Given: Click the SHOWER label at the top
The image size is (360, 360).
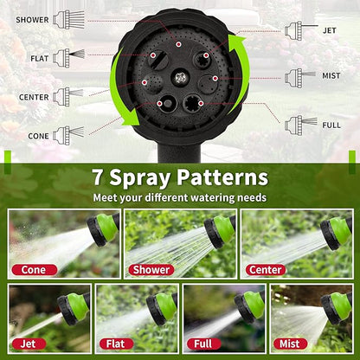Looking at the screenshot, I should (32, 19).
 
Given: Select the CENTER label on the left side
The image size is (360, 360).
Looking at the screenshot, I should (33, 97).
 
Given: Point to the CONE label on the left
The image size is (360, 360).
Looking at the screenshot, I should (37, 135).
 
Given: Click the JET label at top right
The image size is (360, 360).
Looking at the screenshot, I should (329, 30).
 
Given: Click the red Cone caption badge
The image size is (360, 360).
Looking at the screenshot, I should (34, 269).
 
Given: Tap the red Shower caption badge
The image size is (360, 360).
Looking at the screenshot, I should (151, 269).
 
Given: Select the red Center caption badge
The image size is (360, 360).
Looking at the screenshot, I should (266, 269).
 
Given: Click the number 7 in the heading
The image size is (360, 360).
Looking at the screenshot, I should (101, 178).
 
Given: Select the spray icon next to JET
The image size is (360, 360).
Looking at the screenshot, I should (296, 30).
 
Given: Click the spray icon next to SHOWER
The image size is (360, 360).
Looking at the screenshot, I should (69, 19).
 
